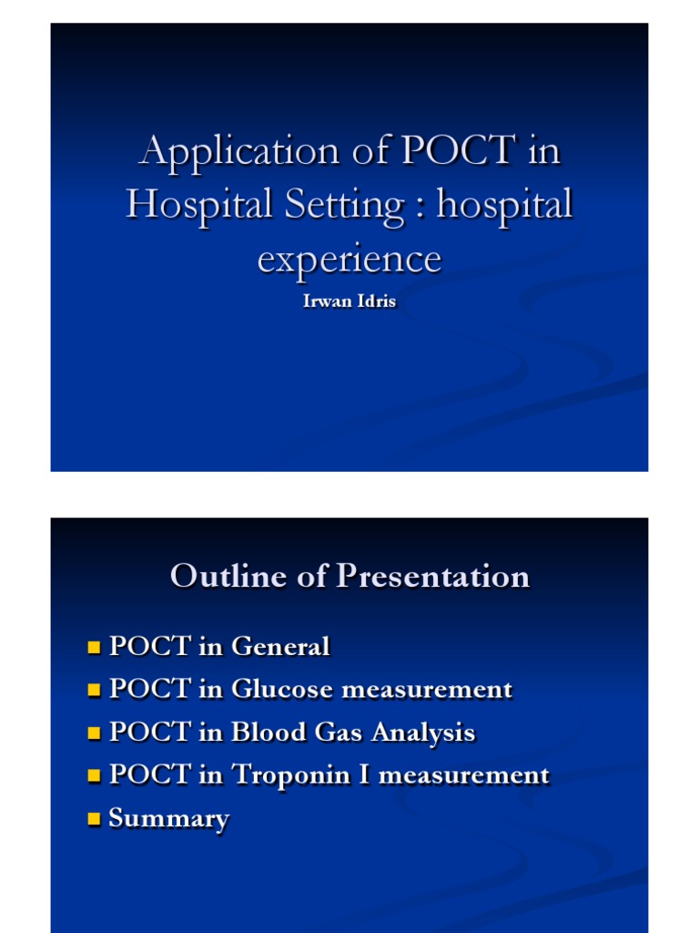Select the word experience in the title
point(349,259)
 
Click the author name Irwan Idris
point(349,302)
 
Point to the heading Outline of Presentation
point(349,576)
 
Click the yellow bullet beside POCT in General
point(93,648)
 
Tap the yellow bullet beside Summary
point(93,819)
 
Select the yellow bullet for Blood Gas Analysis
point(93,733)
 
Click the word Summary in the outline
point(168,819)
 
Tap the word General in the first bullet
point(280,647)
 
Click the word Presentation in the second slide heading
point(432,576)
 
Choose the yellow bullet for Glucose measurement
point(93,691)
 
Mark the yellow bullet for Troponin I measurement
point(93,776)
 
